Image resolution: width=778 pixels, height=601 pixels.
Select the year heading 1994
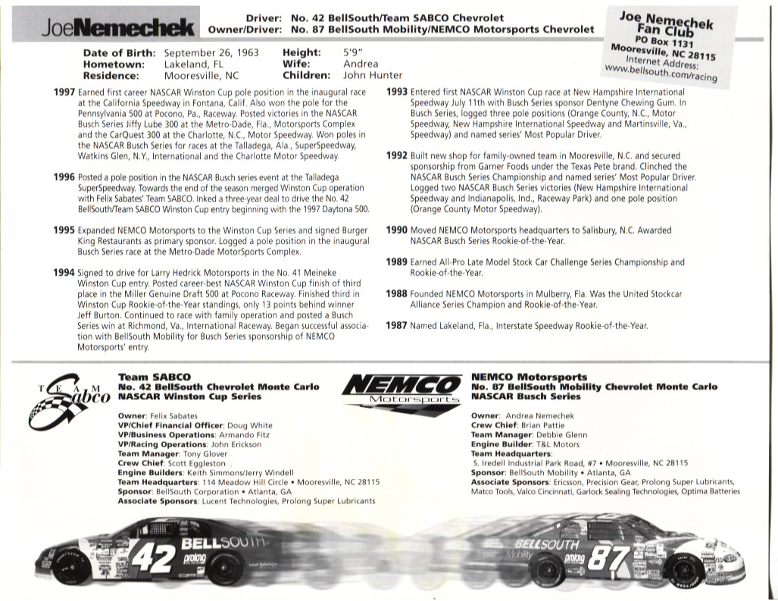pos(64,271)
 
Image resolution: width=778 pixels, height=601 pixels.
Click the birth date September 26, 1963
pos(211,53)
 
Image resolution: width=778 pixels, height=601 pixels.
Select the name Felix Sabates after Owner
pos(172,416)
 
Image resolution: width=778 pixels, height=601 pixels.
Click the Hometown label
pos(114,64)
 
